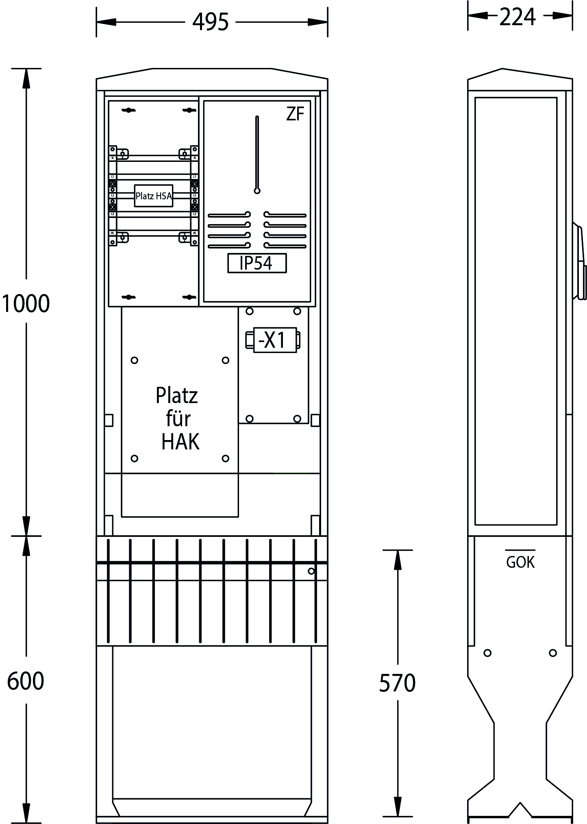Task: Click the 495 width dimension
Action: point(210,22)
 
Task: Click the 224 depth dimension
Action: point(517,17)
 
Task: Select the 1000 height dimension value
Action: point(26,303)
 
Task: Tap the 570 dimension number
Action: point(397,683)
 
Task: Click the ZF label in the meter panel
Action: point(295,114)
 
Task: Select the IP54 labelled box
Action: point(257,263)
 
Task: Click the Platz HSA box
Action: point(154,196)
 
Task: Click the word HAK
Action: point(180,442)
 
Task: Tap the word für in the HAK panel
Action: point(178,419)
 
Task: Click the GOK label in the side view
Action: point(520,562)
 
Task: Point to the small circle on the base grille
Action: point(311,571)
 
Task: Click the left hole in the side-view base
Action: point(487,653)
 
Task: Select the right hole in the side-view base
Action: point(552,653)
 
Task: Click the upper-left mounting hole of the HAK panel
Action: point(135,360)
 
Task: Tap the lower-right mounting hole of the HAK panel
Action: point(225,458)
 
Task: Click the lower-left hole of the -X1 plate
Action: point(250,419)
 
